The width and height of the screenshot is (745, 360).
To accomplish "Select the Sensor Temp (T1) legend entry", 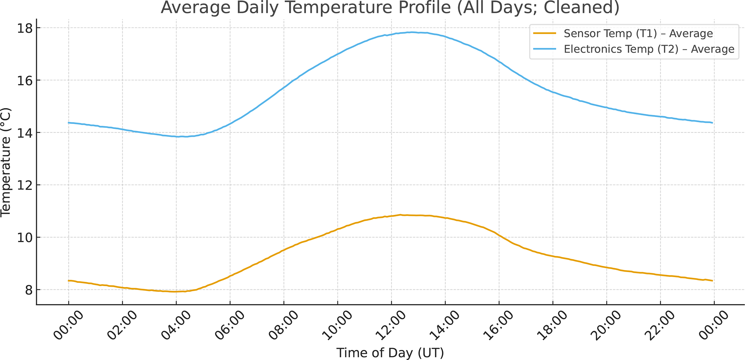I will tap(638, 34).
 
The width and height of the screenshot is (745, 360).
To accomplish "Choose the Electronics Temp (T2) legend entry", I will tap(649, 49).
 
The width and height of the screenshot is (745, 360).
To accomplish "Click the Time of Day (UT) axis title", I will tap(390, 353).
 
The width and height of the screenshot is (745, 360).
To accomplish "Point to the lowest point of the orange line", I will tap(175, 292).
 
